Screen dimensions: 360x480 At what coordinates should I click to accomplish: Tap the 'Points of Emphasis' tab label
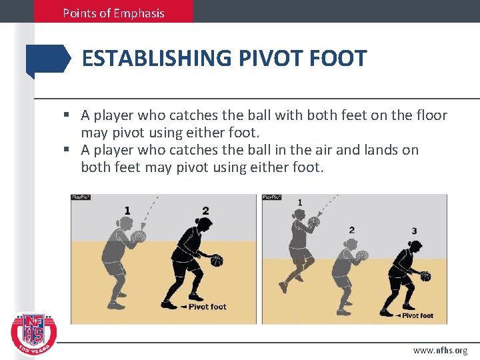click(x=113, y=13)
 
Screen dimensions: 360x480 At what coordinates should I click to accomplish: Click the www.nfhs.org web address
click(x=440, y=351)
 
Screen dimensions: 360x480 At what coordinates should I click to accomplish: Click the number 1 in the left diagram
click(x=127, y=211)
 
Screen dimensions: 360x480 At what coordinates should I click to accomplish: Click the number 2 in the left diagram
click(x=205, y=211)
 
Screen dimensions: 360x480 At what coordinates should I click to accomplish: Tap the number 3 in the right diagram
click(x=414, y=231)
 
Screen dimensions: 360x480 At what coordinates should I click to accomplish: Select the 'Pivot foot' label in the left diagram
click(x=207, y=307)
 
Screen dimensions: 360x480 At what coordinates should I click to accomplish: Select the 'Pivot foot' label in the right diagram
click(x=418, y=315)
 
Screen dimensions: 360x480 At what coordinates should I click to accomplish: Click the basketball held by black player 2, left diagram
click(x=217, y=261)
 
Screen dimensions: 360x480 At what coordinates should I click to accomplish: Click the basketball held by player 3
click(x=425, y=276)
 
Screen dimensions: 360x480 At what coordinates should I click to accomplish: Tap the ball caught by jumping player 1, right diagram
click(x=314, y=221)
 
